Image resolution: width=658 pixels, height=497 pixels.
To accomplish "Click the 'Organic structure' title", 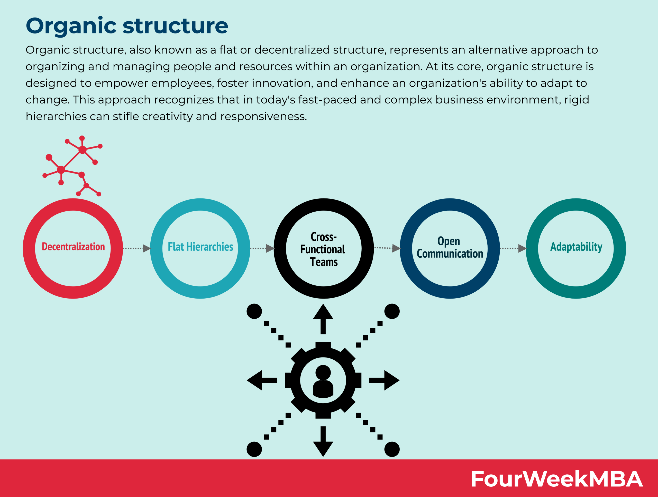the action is click(x=127, y=26).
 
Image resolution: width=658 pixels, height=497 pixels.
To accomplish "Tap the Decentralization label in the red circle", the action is click(x=73, y=247).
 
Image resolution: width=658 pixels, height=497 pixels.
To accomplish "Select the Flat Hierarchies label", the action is click(x=200, y=247).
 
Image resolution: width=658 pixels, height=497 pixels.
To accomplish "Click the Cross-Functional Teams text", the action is click(x=323, y=249).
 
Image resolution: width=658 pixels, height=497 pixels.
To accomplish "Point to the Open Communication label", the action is click(x=450, y=247).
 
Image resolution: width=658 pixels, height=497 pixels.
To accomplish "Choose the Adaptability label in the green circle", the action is click(x=576, y=247).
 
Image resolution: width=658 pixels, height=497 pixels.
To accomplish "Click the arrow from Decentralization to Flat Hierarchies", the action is click(x=137, y=248).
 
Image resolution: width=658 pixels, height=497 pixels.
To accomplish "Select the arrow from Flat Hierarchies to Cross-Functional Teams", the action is click(x=262, y=248).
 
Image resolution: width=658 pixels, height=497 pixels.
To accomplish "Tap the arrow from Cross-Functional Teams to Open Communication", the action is click(x=387, y=248).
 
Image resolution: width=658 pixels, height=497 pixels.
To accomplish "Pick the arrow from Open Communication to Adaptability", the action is click(x=513, y=248).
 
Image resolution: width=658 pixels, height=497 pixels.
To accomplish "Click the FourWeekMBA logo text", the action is click(x=556, y=479).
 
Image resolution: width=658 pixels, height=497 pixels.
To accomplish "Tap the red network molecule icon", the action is click(x=73, y=167).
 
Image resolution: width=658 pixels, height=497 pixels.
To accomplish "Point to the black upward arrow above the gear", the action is click(x=323, y=319).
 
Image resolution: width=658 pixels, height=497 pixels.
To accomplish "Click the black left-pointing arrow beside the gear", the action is click(x=262, y=380).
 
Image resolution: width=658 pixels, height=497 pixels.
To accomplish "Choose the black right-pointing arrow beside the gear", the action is click(x=384, y=380).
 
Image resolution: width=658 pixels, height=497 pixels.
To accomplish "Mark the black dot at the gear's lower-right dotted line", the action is click(x=392, y=449).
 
